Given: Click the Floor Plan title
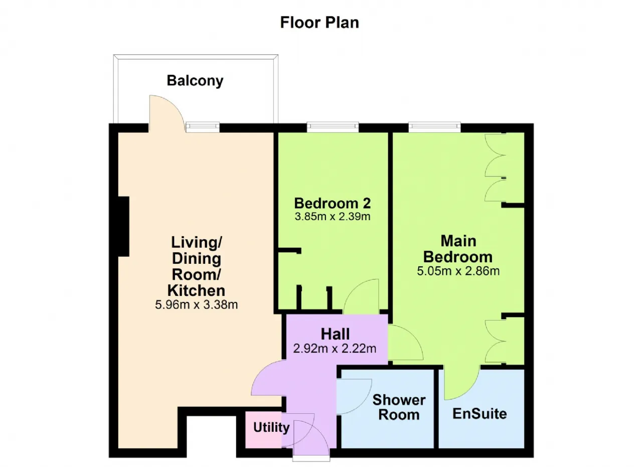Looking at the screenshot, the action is pos(319,23).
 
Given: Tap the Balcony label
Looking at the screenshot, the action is pos(195,81).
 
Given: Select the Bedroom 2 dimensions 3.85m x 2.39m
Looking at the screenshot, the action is pos(333,216).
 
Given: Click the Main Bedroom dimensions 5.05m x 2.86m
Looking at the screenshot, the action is pos(458,271).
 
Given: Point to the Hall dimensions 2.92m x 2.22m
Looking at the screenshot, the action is pos(335,348).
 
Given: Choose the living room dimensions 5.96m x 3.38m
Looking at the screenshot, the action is pos(196,304).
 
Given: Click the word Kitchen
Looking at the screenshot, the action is pos(196,290).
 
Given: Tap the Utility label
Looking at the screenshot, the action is pos(271,427).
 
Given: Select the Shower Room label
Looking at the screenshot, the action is pos(399,407).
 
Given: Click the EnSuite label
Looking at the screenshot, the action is pos(480,414).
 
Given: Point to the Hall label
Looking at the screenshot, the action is pos(335,334).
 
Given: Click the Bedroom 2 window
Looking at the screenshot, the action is pos(333,127).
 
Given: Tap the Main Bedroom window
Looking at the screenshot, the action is pos(434,127).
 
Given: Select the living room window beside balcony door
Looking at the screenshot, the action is pos(203,127).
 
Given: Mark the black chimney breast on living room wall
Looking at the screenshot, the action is pos(123,226).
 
